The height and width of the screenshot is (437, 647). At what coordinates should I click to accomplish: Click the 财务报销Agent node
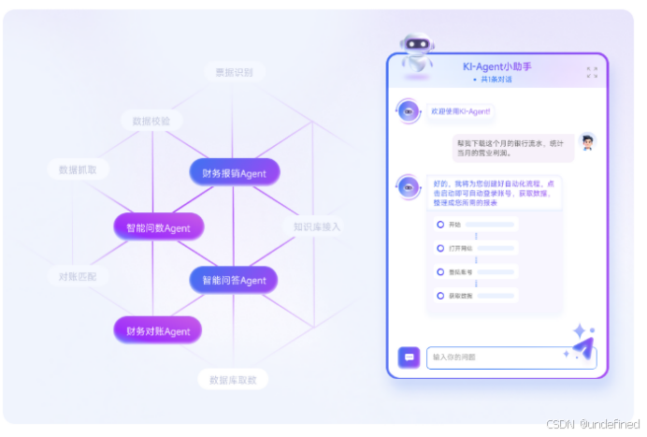(235, 172)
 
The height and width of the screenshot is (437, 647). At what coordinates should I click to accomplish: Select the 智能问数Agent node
(159, 226)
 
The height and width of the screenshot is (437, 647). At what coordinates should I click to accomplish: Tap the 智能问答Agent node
(234, 280)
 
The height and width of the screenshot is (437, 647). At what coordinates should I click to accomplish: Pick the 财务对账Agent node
(158, 330)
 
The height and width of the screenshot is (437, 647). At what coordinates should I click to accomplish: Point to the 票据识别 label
(235, 71)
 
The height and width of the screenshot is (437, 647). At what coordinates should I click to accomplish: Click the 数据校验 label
(152, 121)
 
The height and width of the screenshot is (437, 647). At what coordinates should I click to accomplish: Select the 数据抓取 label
(79, 169)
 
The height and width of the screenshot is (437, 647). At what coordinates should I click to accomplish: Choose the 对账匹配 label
(78, 277)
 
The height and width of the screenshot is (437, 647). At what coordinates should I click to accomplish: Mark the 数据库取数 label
(234, 379)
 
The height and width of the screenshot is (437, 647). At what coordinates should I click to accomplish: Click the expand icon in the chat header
(591, 72)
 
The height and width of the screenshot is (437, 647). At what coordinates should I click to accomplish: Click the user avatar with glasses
(586, 142)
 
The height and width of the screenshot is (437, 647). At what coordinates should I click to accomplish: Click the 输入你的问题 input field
(510, 357)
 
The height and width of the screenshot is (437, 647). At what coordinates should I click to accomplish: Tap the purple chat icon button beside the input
(409, 357)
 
